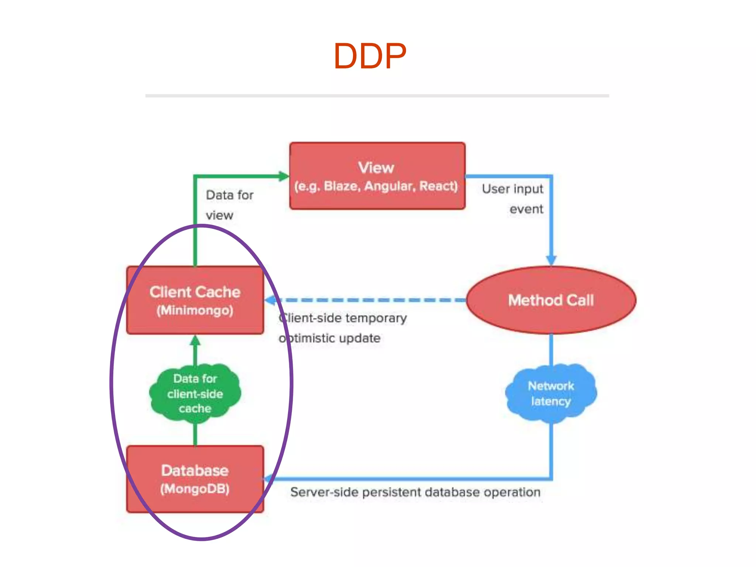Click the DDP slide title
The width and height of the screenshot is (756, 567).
click(x=370, y=56)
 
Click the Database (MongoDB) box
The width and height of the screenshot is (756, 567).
click(x=195, y=479)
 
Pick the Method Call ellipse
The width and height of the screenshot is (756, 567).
click(x=551, y=300)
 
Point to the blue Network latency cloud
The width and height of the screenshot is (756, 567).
click(x=551, y=393)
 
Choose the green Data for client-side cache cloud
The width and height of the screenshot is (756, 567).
click(x=195, y=393)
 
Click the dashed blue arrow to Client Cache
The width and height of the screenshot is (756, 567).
click(x=365, y=300)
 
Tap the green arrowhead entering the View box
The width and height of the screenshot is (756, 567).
click(x=283, y=176)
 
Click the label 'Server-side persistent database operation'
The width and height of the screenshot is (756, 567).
click(x=415, y=492)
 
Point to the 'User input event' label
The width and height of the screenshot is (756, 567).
click(x=513, y=199)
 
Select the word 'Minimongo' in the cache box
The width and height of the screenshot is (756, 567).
click(x=195, y=310)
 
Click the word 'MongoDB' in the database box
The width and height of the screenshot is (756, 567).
click(x=195, y=489)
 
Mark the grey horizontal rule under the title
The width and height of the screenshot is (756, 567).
click(x=377, y=96)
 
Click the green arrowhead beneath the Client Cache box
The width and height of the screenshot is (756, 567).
click(x=195, y=340)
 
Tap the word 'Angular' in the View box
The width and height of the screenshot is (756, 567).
click(x=389, y=186)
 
